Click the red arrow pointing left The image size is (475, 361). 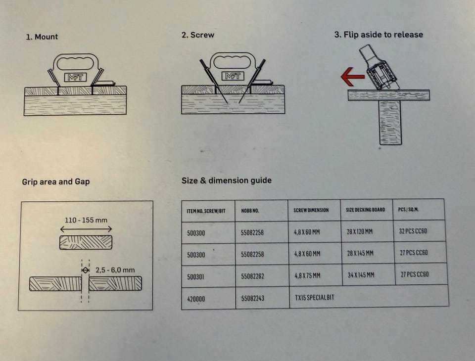pyautogui.click(x=352, y=77)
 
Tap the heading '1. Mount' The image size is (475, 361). pyautogui.click(x=42, y=37)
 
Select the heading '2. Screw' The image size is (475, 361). pyautogui.click(x=198, y=35)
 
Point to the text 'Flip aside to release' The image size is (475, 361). pyautogui.click(x=383, y=35)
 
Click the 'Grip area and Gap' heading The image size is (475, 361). pyautogui.click(x=56, y=181)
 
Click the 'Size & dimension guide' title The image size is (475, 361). pyautogui.click(x=226, y=180)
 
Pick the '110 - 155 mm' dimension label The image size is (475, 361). pyautogui.click(x=86, y=220)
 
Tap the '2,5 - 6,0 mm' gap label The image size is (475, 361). pyautogui.click(x=115, y=270)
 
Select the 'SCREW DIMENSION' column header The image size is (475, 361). pyautogui.click(x=311, y=210)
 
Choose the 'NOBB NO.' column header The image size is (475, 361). pyautogui.click(x=250, y=211)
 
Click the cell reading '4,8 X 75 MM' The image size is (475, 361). pyautogui.click(x=307, y=275)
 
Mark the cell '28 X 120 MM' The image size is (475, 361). pyautogui.click(x=360, y=231)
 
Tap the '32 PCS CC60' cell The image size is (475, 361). pyautogui.click(x=413, y=231)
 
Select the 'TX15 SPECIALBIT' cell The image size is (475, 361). pyautogui.click(x=315, y=297)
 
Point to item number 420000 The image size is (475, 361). pyautogui.click(x=196, y=299)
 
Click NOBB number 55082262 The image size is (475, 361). pyautogui.click(x=252, y=276)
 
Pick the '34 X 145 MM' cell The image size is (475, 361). pyautogui.click(x=361, y=275)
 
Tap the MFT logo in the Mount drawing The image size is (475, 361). pyautogui.click(x=75, y=77)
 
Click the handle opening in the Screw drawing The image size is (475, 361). pyautogui.click(x=233, y=62)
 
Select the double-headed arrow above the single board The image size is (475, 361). pyautogui.click(x=86, y=229)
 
